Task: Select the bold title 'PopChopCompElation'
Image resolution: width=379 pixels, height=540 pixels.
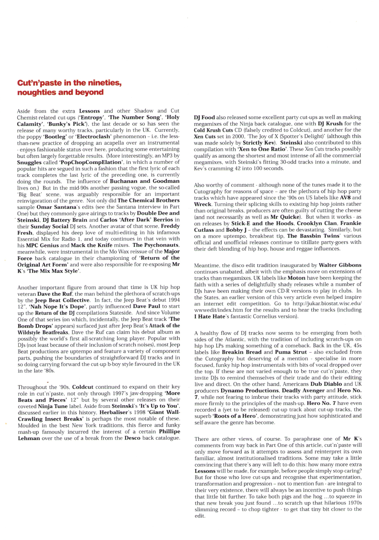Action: (91, 162)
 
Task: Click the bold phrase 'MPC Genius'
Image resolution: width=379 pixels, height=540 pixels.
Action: (42, 245)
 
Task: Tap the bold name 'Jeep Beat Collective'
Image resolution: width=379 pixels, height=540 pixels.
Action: (62, 300)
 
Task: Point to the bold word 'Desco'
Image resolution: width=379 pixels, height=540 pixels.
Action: (132, 438)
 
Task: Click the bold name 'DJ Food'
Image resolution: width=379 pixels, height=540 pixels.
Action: (204, 117)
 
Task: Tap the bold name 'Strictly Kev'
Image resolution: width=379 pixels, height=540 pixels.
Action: (258, 143)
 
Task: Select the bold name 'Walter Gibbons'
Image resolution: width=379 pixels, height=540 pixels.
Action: (340, 265)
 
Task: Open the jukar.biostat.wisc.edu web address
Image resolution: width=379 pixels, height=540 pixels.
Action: (327, 304)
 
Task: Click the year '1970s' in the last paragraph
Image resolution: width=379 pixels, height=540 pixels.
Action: (354, 503)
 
